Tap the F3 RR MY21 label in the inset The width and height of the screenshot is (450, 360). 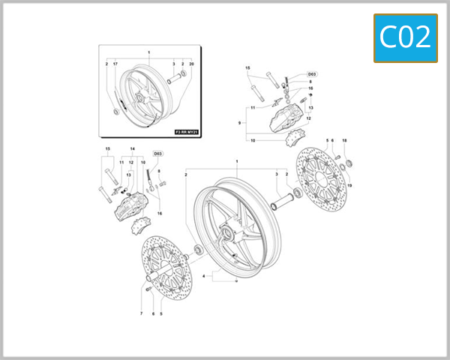[187, 131]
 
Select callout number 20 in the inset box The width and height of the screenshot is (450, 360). [192, 64]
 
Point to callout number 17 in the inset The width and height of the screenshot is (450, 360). [115, 64]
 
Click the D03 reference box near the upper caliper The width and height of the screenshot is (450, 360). [312, 74]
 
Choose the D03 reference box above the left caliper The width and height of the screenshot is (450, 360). [157, 154]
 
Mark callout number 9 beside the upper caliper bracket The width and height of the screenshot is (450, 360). [239, 122]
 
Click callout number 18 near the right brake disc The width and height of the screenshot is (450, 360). [344, 141]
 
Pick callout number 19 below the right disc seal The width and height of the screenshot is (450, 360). [349, 185]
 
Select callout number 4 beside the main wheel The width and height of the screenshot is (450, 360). [204, 276]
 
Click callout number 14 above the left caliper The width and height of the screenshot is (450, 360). [132, 149]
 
